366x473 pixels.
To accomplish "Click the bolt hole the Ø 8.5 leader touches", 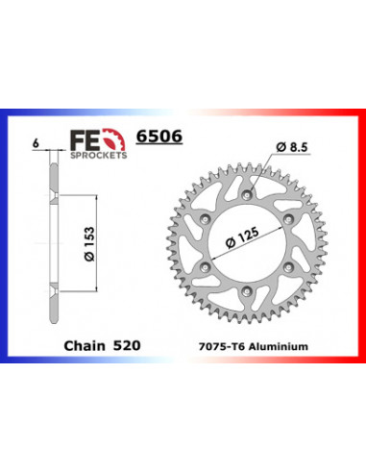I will pos(249,197).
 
